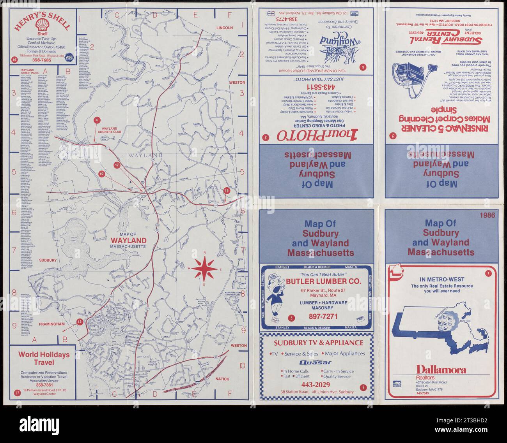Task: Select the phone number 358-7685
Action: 41,60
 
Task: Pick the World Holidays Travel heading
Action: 43,358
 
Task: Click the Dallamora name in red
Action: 441,369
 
